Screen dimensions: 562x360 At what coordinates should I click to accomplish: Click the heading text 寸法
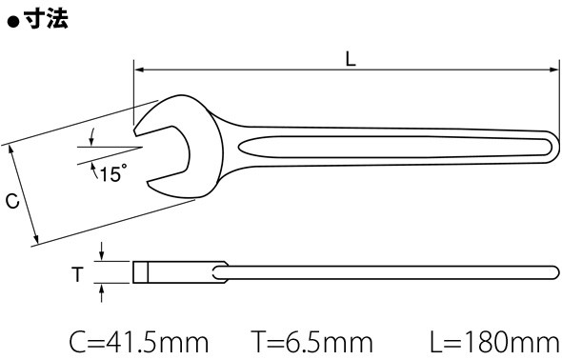point(47,19)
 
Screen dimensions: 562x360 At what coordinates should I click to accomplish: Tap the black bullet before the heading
point(13,23)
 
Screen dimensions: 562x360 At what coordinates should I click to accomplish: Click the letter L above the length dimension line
point(351,59)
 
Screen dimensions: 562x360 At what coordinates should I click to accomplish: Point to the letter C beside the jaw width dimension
point(12,201)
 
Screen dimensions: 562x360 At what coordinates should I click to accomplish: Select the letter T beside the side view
point(77,274)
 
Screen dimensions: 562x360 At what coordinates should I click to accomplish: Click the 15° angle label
point(113,173)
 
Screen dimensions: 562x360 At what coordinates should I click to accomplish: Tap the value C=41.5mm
point(139,343)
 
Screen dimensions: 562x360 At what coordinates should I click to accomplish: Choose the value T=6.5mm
point(311,343)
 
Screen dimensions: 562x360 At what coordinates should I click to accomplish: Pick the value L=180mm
point(495,343)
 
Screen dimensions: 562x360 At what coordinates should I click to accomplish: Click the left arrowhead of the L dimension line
point(139,70)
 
